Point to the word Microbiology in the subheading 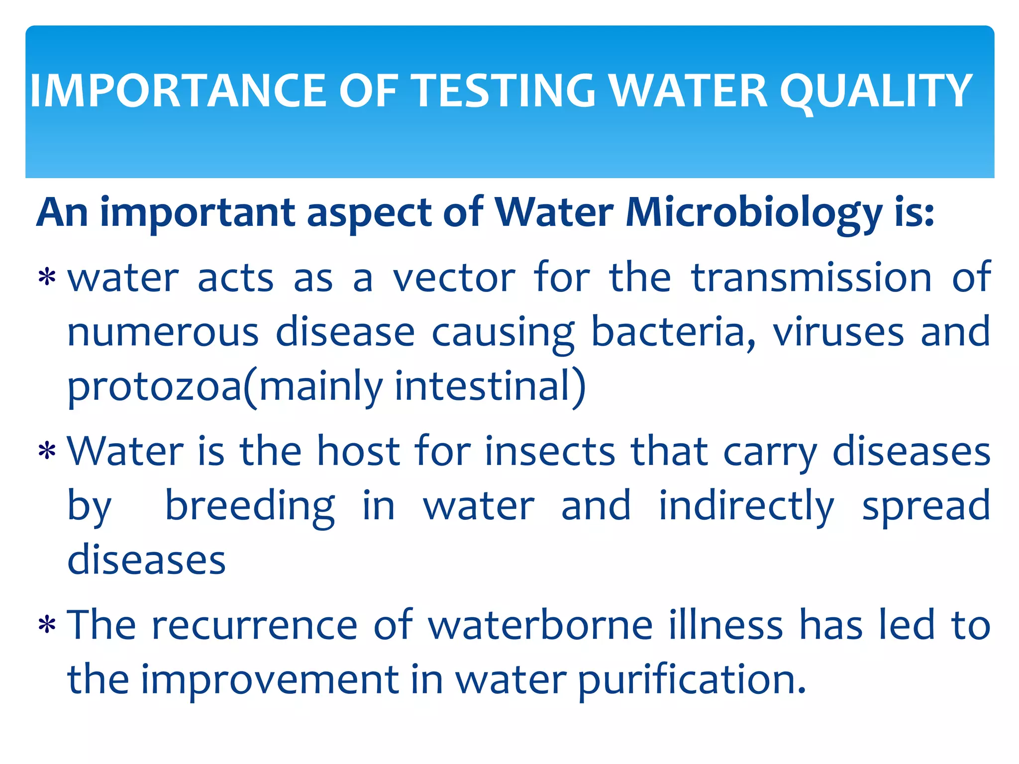point(753,213)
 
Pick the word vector point(454,278)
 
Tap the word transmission point(812,278)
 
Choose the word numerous point(163,332)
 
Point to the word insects point(550,451)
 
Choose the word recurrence point(254,625)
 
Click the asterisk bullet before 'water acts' point(47,277)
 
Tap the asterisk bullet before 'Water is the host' point(47,451)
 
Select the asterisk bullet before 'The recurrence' point(47,625)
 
